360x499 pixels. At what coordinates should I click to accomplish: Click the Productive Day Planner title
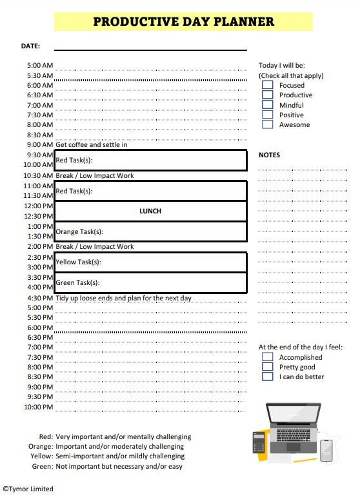[x=183, y=21]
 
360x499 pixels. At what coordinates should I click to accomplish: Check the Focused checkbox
[x=267, y=85]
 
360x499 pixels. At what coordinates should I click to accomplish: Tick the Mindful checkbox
[x=267, y=105]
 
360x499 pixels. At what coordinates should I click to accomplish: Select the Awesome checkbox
[x=267, y=124]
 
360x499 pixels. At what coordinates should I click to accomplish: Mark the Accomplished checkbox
[x=267, y=357]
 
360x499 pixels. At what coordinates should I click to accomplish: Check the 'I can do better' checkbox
[x=267, y=377]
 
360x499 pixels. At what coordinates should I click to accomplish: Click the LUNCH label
[x=150, y=211]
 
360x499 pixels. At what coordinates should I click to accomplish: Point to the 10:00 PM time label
[x=39, y=407]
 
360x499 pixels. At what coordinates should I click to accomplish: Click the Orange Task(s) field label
[x=79, y=231]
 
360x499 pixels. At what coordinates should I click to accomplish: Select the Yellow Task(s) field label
[x=78, y=262]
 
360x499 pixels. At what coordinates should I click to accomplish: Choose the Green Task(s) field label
[x=77, y=282]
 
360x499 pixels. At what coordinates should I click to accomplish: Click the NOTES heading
[x=269, y=155]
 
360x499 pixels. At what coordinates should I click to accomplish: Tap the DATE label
[x=30, y=46]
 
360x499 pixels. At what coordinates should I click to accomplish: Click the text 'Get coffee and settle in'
[x=91, y=144]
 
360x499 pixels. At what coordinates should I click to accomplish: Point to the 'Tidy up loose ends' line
[x=123, y=298]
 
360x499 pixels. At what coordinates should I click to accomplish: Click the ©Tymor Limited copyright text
[x=28, y=489]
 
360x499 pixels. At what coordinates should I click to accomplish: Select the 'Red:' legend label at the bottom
[x=46, y=436]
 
